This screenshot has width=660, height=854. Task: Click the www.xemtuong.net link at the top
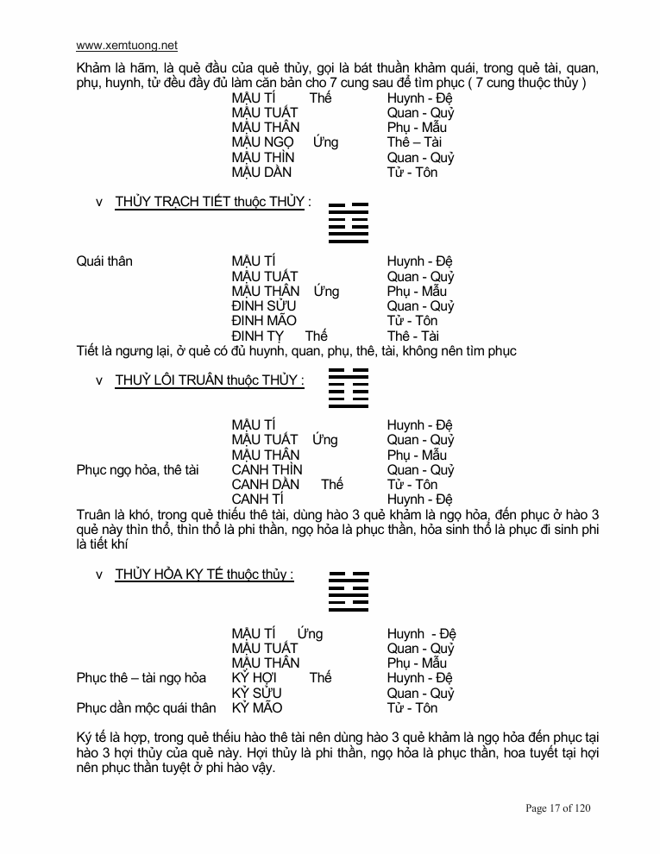(127, 46)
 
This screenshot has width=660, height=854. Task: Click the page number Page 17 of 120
(558, 808)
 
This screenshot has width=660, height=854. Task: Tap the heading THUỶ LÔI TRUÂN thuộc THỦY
(209, 380)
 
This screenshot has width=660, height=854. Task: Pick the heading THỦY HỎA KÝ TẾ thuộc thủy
(204, 575)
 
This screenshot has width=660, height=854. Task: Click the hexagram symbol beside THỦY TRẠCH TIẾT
(349, 223)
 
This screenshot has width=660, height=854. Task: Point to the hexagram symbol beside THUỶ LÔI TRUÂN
(349, 387)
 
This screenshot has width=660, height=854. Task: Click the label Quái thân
(104, 261)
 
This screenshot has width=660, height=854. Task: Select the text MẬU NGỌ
(262, 142)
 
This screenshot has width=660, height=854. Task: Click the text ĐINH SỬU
(264, 306)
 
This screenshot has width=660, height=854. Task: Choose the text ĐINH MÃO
(264, 321)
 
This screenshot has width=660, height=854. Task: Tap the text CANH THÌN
(267, 470)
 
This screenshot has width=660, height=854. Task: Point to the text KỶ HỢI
(255, 678)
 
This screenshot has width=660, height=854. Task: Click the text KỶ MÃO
(257, 708)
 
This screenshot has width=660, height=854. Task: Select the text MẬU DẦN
(261, 173)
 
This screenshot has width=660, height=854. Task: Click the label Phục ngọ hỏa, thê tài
(138, 470)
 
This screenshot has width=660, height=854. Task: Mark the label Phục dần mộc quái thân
(146, 708)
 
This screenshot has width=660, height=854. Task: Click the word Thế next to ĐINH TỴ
(316, 336)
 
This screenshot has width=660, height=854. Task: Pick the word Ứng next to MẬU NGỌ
(325, 142)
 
